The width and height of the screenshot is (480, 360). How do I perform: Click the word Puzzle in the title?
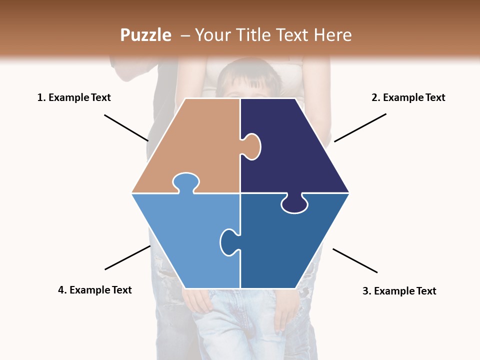(145, 35)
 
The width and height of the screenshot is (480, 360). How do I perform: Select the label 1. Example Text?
(74, 97)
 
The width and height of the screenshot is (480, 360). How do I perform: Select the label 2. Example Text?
(408, 97)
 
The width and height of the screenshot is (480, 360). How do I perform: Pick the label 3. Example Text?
(399, 291)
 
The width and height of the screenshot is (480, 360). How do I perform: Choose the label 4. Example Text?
(95, 290)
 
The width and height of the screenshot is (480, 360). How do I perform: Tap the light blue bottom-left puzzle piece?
(185, 235)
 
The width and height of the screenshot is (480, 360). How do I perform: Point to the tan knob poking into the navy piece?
(252, 146)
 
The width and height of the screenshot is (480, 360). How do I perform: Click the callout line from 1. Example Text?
(126, 128)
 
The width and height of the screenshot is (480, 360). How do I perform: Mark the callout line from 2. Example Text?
(360, 127)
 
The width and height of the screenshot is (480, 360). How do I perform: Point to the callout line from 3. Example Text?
(355, 260)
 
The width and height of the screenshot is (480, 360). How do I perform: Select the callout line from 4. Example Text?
(127, 257)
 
